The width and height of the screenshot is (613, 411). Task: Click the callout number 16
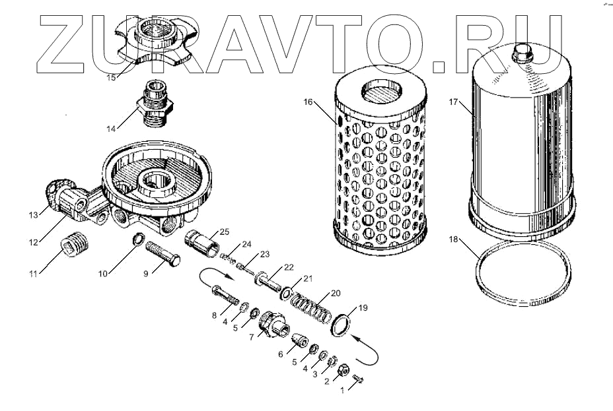308,102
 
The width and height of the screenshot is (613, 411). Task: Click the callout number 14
110,127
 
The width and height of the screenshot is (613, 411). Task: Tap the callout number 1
342,390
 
